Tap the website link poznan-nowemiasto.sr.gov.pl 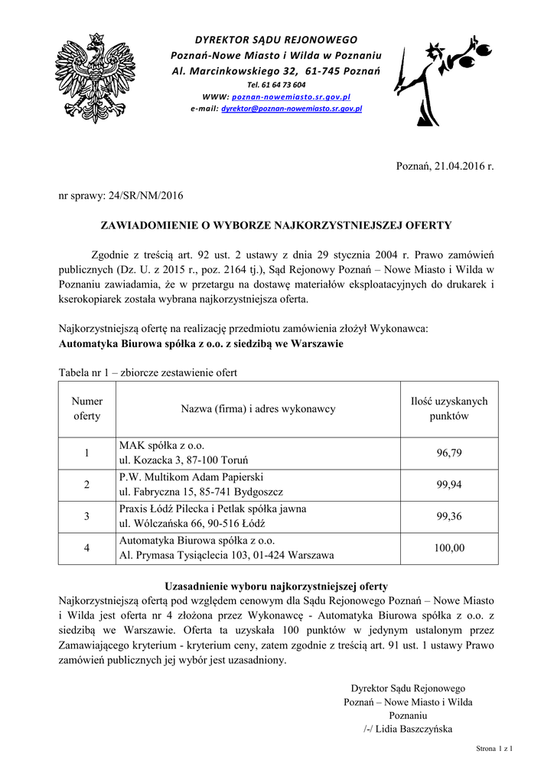(291, 98)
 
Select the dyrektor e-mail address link (292, 109)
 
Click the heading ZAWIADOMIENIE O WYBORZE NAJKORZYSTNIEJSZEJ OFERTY (277, 226)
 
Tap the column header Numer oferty (87, 409)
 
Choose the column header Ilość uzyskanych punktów (449, 409)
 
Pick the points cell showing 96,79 (449, 453)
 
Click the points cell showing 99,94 (449, 485)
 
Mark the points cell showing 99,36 (449, 516)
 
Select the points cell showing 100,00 (449, 547)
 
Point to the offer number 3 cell (87, 516)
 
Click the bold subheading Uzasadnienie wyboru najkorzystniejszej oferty (276, 586)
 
